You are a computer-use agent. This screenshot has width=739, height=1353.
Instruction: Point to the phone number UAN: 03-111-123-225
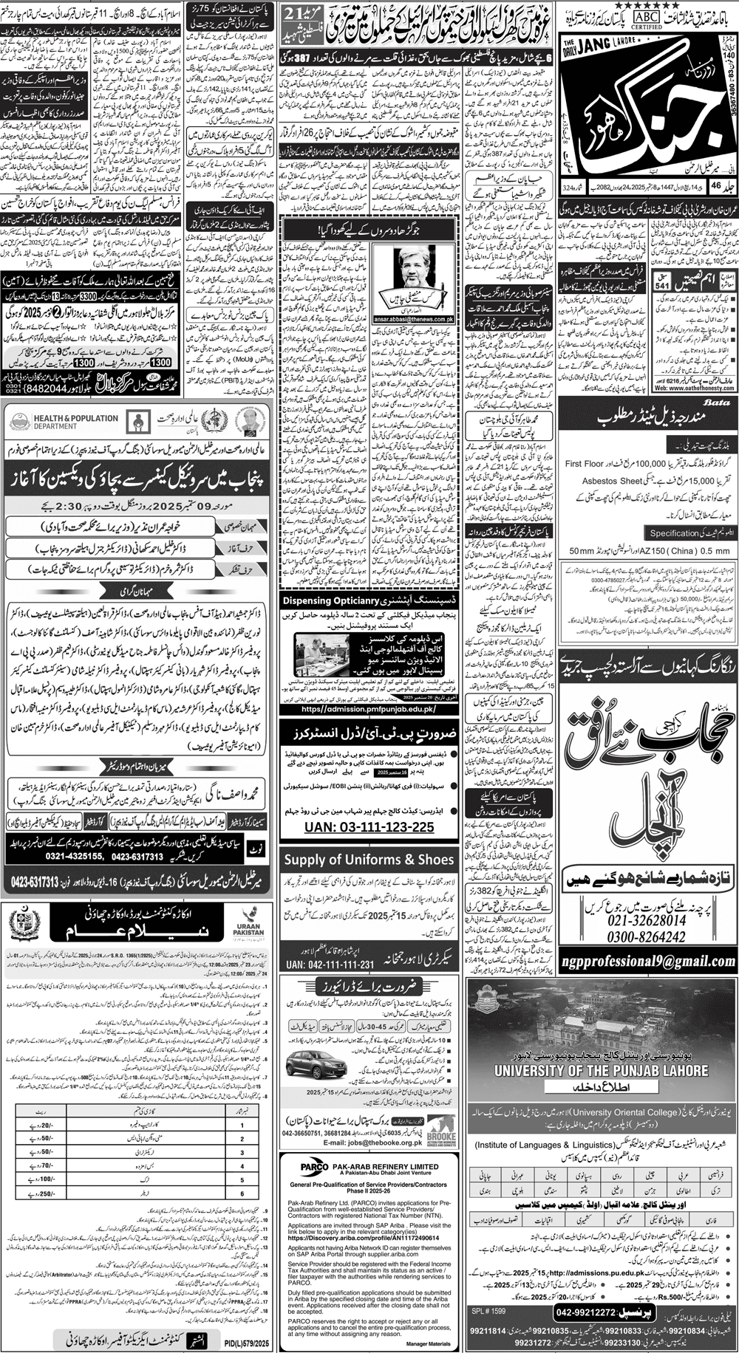pos(368,827)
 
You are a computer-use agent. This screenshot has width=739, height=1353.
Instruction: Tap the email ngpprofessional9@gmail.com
pos(647,962)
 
